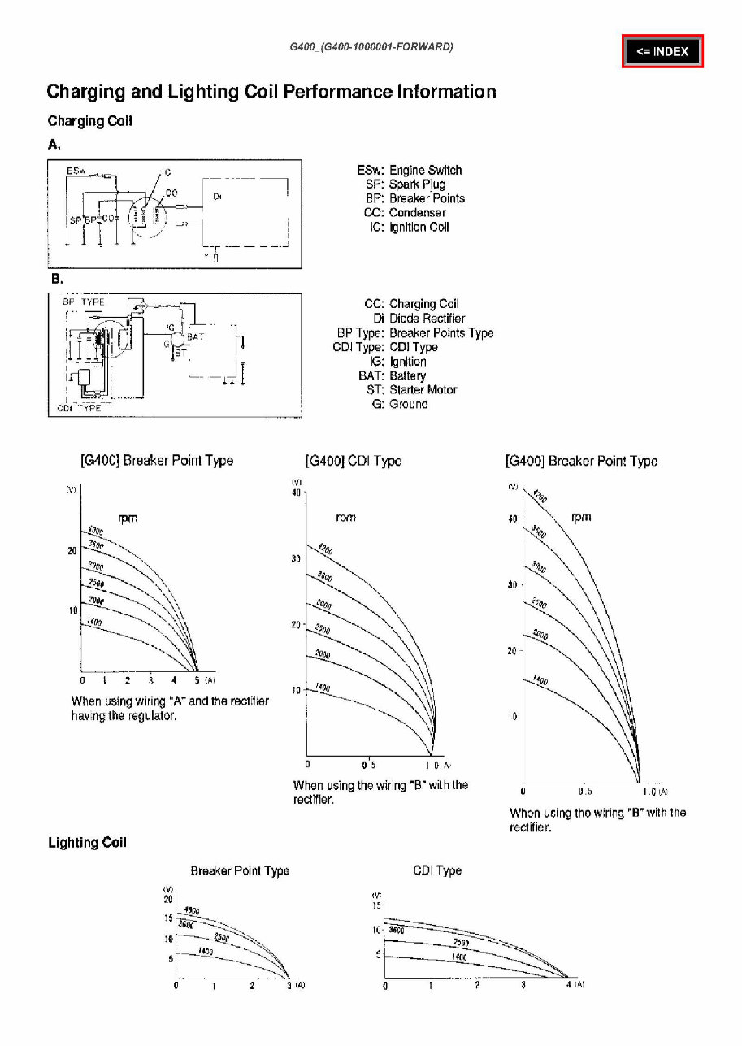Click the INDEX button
pos(662,52)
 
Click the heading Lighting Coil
pos(87,843)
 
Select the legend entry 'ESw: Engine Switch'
pos(409,170)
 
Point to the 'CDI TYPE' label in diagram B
pos(79,408)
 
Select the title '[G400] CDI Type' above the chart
pos(353,461)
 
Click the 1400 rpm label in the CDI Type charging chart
pos(323,688)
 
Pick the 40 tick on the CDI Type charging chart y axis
pos(297,493)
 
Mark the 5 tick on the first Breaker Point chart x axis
pos(197,679)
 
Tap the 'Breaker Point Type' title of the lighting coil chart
pos(240,870)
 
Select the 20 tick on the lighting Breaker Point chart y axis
pos(168,899)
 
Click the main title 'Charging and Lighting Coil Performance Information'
pos(271,92)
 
